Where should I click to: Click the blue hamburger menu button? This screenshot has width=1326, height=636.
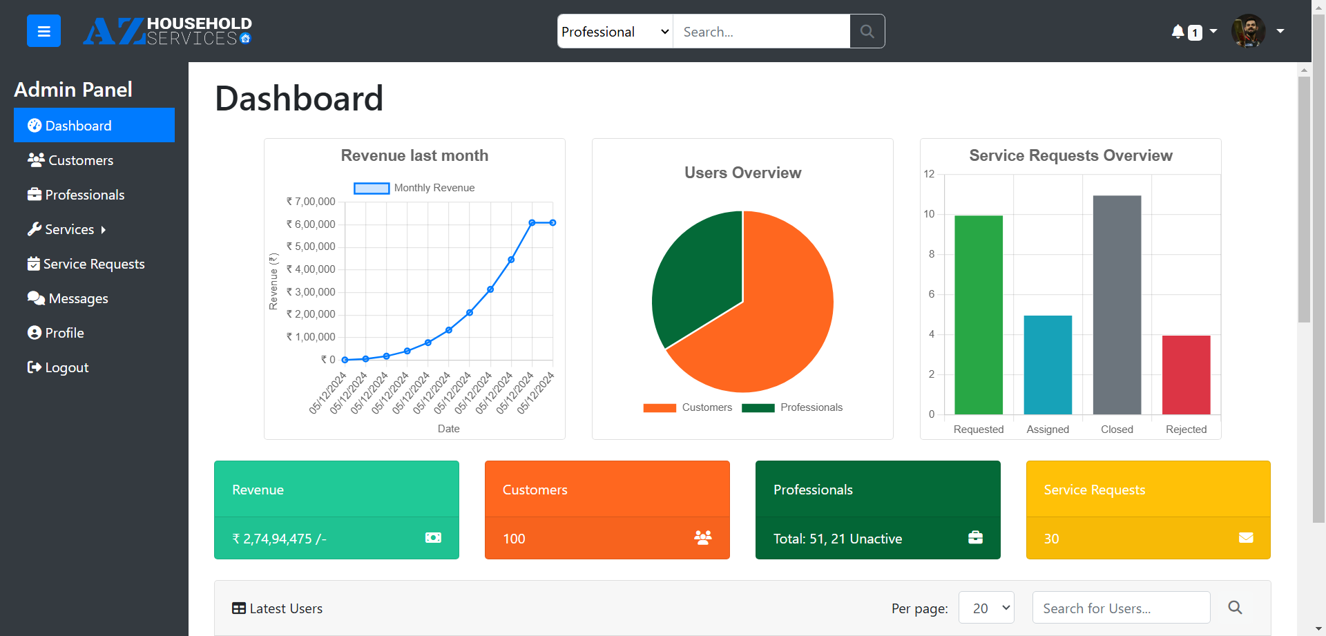pos(44,31)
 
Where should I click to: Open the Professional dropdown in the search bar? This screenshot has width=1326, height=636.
pos(615,32)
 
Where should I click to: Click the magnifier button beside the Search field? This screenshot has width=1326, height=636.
pos(867,32)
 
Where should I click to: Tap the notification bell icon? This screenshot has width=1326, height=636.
pos(1178,32)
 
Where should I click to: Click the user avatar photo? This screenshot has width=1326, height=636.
pos(1248,31)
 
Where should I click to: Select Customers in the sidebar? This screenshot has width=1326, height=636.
pos(80,160)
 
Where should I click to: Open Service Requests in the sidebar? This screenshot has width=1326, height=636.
pos(93,264)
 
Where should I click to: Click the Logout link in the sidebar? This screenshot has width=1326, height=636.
pos(66,367)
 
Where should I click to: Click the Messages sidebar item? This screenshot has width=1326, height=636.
pos(78,298)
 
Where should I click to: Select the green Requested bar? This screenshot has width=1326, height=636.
pos(978,315)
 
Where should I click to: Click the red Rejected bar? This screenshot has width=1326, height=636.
pos(1186,375)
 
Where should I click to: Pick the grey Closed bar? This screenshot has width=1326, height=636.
pos(1117,305)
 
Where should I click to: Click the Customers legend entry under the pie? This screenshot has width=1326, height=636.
pos(688,407)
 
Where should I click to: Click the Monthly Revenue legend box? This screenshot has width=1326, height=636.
pos(372,188)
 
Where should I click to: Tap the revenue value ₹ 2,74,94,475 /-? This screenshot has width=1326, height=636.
pos(279,539)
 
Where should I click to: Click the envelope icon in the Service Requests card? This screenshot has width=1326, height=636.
pos(1245,538)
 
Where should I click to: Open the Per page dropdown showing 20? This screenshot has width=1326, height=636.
pos(986,608)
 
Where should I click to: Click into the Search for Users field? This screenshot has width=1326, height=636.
pos(1120,608)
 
